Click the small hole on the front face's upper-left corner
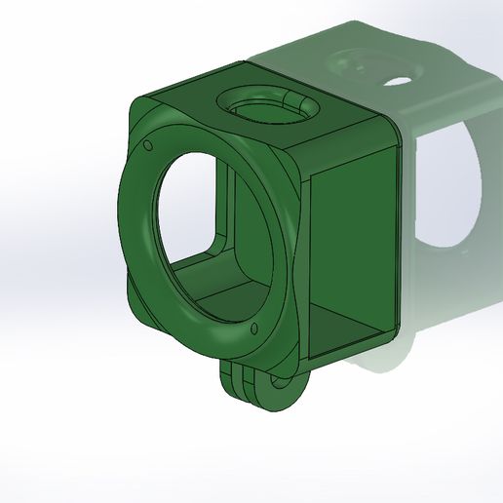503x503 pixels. click(147, 146)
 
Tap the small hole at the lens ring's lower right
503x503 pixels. click(254, 328)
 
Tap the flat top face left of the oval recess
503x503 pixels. click(190, 97)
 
